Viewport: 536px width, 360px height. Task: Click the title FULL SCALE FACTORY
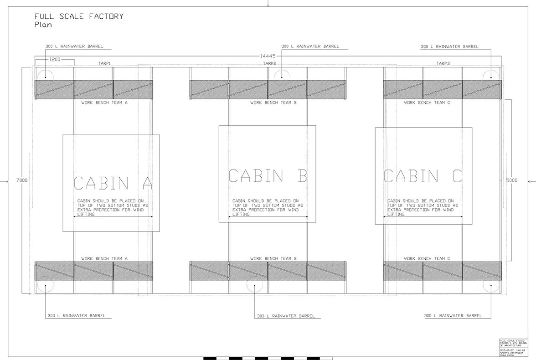click(79, 16)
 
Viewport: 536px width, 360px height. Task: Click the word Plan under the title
click(43, 25)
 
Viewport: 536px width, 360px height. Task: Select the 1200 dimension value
click(55, 60)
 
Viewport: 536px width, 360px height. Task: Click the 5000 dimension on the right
click(512, 180)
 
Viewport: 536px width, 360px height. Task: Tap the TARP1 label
click(105, 63)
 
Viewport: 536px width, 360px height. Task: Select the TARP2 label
click(270, 63)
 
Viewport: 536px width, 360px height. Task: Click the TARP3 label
click(443, 63)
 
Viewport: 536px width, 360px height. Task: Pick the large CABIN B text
click(268, 175)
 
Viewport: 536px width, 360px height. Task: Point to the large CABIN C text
click(423, 175)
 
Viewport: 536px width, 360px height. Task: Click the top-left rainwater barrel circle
click(45, 77)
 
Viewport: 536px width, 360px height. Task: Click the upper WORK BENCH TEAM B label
click(273, 103)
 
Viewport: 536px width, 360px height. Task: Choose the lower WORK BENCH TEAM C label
click(427, 259)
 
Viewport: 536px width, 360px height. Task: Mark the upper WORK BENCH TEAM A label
click(104, 103)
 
